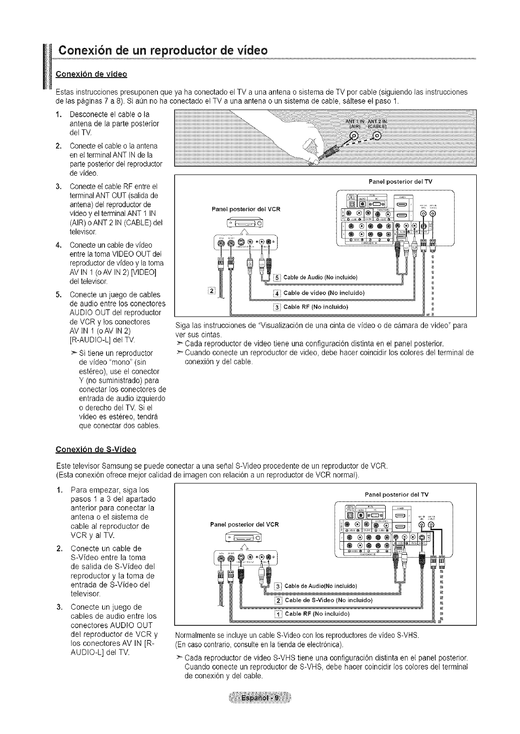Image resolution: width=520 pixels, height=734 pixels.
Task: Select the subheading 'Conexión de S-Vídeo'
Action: pyautogui.click(x=96, y=449)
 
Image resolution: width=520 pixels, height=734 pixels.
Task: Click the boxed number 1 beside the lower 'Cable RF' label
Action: pyautogui.click(x=277, y=614)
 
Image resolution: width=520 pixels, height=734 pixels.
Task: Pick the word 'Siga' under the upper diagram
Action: pyautogui.click(x=181, y=325)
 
